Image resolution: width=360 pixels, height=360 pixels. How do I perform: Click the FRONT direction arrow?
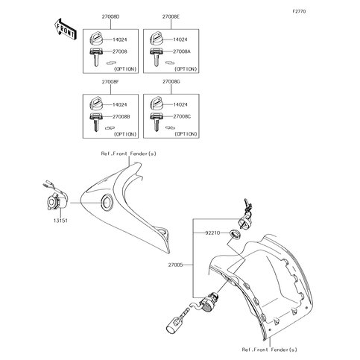(x=65, y=29)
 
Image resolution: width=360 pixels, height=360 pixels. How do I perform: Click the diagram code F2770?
(x=299, y=11)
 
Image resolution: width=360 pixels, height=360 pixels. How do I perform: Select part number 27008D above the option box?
(x=110, y=17)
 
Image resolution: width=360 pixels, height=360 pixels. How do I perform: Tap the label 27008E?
(x=171, y=17)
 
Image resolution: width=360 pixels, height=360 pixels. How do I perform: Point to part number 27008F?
(x=110, y=82)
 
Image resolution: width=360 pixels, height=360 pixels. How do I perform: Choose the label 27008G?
(x=171, y=82)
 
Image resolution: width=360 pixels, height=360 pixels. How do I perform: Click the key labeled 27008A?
(x=156, y=57)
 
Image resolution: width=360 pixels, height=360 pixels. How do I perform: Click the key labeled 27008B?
(x=95, y=122)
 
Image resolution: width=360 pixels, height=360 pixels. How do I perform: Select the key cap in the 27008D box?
(x=95, y=39)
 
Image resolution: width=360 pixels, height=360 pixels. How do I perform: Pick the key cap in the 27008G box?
(x=157, y=104)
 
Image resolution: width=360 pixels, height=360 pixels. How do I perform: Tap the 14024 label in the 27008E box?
(x=180, y=40)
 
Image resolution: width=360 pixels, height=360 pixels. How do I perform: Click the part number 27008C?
(x=182, y=116)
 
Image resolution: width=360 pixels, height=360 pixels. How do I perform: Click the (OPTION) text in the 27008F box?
(x=125, y=134)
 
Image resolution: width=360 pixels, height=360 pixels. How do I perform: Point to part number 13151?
(x=60, y=221)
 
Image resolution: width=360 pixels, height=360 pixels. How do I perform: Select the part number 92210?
(x=212, y=233)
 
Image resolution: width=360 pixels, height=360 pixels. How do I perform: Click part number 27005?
(x=175, y=265)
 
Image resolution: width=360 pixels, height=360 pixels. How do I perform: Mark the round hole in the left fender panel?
(x=107, y=202)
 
